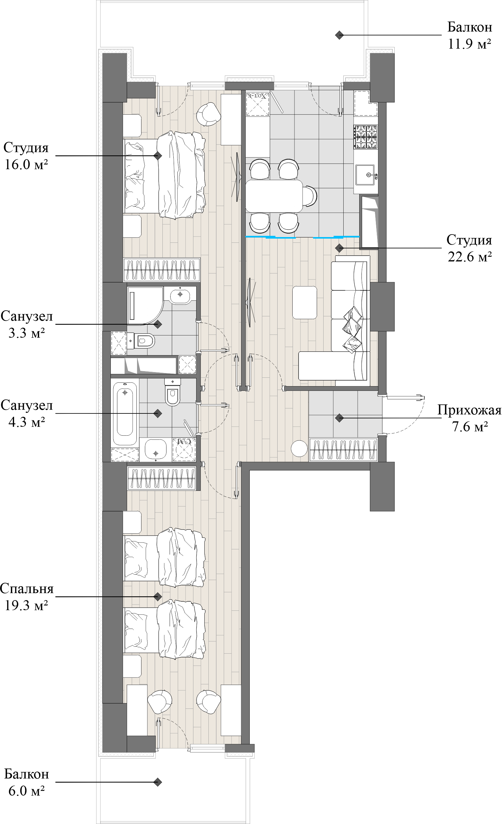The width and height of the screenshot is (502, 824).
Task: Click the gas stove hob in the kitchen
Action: (x=366, y=137)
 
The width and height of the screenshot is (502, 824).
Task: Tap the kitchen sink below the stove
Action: (x=365, y=174)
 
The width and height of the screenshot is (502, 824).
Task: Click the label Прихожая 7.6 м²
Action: (x=469, y=418)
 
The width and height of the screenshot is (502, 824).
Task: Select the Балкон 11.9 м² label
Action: (x=469, y=35)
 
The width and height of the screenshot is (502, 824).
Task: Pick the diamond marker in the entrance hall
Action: (x=340, y=418)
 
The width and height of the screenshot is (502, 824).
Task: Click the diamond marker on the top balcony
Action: (x=340, y=35)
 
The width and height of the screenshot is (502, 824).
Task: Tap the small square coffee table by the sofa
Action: (x=305, y=302)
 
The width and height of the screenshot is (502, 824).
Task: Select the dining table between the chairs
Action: (x=274, y=196)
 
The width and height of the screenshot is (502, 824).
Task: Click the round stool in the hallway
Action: (x=299, y=448)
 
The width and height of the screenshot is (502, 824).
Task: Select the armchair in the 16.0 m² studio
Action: (x=208, y=114)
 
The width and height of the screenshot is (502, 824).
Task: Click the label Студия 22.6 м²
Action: (x=469, y=248)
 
